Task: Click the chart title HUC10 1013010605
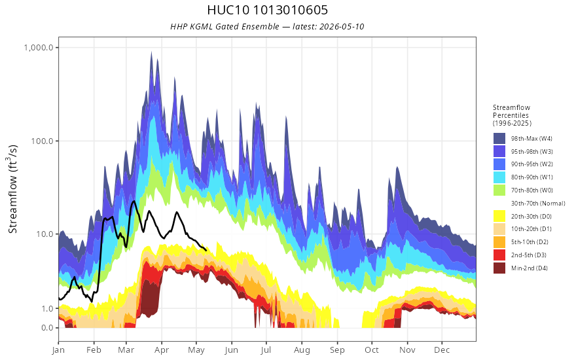(268, 10)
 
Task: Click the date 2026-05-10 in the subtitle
(342, 26)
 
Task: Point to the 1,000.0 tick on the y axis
(38, 47)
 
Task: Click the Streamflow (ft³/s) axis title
(13, 189)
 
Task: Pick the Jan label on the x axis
(58, 350)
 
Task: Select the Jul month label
(266, 350)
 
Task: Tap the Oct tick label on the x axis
(372, 350)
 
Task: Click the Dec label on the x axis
(442, 350)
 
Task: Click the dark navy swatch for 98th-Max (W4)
(499, 139)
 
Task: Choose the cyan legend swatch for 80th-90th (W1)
(499, 177)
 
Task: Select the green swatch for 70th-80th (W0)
(499, 190)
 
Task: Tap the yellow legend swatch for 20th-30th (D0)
(499, 216)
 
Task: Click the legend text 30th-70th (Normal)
(538, 203)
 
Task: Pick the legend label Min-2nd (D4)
(530, 268)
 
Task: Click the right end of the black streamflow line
(206, 250)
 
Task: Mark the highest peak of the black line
(134, 201)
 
